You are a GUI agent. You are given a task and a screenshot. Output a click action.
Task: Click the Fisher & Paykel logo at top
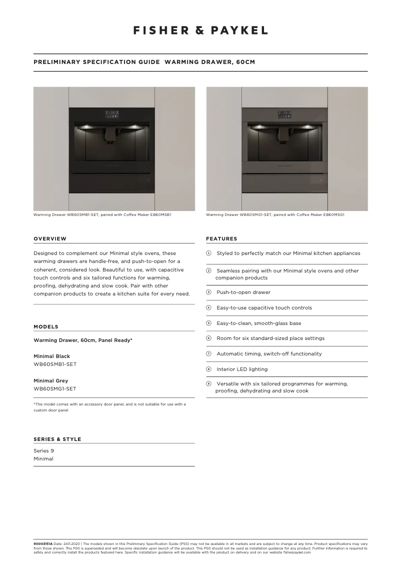[x=200, y=30]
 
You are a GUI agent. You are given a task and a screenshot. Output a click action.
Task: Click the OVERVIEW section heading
[x=50, y=239]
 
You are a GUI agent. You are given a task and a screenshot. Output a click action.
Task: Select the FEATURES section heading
[x=221, y=239]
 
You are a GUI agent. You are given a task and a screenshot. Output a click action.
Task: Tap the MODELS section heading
[x=46, y=327]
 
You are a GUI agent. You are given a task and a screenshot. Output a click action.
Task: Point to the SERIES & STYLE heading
[x=57, y=439]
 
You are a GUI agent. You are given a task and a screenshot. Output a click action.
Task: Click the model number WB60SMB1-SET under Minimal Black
[x=55, y=364]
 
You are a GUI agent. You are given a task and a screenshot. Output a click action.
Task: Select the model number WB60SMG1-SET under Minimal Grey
[x=55, y=388]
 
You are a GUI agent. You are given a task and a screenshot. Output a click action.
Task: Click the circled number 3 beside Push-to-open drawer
[x=209, y=292]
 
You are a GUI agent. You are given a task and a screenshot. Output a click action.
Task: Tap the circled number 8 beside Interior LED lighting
[x=209, y=369]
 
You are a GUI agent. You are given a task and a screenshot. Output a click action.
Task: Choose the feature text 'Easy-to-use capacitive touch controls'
[x=264, y=308]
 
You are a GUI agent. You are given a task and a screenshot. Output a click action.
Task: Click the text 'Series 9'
[x=43, y=450]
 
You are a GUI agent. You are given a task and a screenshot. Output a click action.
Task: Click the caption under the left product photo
[x=102, y=215]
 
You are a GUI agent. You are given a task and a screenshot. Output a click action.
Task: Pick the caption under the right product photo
[x=275, y=215]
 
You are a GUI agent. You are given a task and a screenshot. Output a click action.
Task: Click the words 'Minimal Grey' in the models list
[x=50, y=380]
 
